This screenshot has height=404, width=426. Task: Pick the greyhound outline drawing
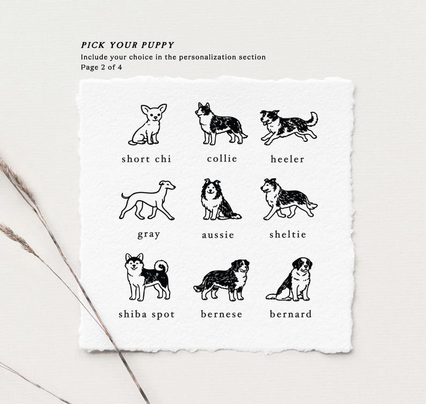pyautogui.click(x=147, y=200)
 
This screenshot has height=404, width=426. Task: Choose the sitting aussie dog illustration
pyautogui.click(x=221, y=199)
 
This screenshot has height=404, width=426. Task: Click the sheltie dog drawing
pyautogui.click(x=289, y=199)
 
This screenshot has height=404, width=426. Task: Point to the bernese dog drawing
pyautogui.click(x=221, y=280)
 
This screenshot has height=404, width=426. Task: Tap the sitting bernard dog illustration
pyautogui.click(x=289, y=279)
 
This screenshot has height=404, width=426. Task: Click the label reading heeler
pyautogui.click(x=287, y=159)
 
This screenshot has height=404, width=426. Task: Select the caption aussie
pyautogui.click(x=218, y=235)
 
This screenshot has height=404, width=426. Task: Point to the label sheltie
pyautogui.click(x=288, y=234)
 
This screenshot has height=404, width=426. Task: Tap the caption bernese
pyautogui.click(x=222, y=314)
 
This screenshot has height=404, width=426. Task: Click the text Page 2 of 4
pyautogui.click(x=101, y=67)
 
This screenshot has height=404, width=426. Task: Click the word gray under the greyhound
pyautogui.click(x=149, y=235)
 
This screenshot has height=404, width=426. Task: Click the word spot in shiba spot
pyautogui.click(x=163, y=315)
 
